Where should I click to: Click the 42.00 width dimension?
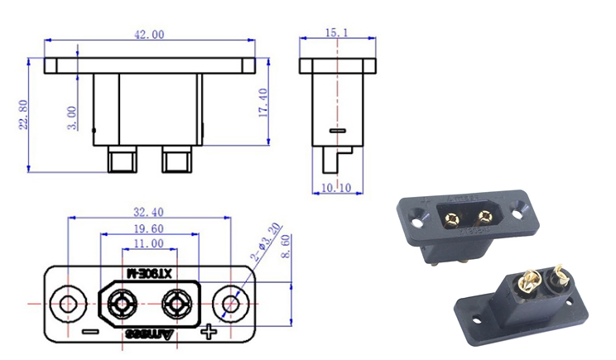(x=149, y=34)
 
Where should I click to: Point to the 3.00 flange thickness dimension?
(x=73, y=117)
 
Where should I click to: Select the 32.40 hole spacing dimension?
(x=149, y=212)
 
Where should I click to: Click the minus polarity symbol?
(x=90, y=334)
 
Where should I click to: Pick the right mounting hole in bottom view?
(x=232, y=304)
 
